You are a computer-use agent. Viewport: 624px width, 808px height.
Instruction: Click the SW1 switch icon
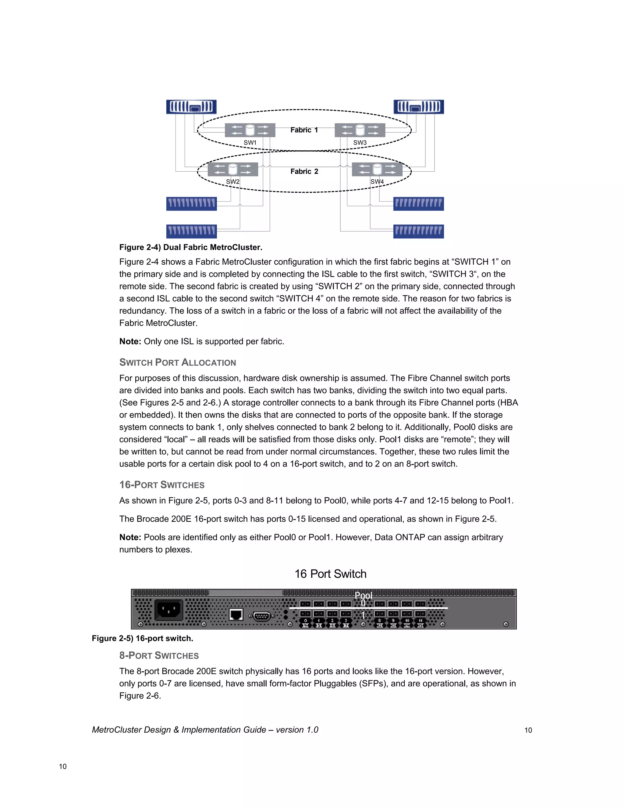pyautogui.click(x=250, y=130)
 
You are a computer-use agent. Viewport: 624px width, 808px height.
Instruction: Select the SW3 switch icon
pyautogui.click(x=360, y=130)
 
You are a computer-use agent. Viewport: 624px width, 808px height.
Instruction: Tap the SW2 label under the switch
pyautogui.click(x=233, y=182)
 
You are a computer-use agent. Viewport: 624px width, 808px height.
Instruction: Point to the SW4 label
pyautogui.click(x=377, y=182)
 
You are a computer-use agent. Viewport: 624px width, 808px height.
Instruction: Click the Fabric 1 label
pyautogui.click(x=304, y=130)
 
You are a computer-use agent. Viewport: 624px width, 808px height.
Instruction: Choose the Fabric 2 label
pyautogui.click(x=304, y=171)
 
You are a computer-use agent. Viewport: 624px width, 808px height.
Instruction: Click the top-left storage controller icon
pyautogui.click(x=191, y=107)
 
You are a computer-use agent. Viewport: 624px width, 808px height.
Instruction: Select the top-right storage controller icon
pyautogui.click(x=418, y=107)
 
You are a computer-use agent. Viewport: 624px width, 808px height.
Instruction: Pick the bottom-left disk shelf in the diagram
pyautogui.click(x=191, y=231)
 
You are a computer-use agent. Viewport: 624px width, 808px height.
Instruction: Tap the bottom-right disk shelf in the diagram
pyautogui.click(x=418, y=231)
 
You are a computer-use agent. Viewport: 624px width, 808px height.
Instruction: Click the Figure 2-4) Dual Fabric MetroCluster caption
pyautogui.click(x=191, y=247)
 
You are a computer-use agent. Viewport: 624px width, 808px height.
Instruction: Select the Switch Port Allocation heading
pyautogui.click(x=177, y=362)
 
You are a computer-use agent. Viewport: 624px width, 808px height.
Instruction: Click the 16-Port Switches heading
pyautogui.click(x=161, y=485)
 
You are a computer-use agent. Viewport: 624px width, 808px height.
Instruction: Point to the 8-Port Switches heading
pyautogui.click(x=159, y=656)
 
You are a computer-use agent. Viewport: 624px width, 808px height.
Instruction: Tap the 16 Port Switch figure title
pyautogui.click(x=330, y=574)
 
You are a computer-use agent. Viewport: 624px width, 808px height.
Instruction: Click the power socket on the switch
pyautogui.click(x=168, y=609)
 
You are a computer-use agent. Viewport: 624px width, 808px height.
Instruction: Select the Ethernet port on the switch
pyautogui.click(x=236, y=614)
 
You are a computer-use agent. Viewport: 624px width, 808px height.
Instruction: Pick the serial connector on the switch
pyautogui.click(x=262, y=616)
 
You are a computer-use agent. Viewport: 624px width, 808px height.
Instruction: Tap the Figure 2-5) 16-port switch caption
pyautogui.click(x=142, y=638)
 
